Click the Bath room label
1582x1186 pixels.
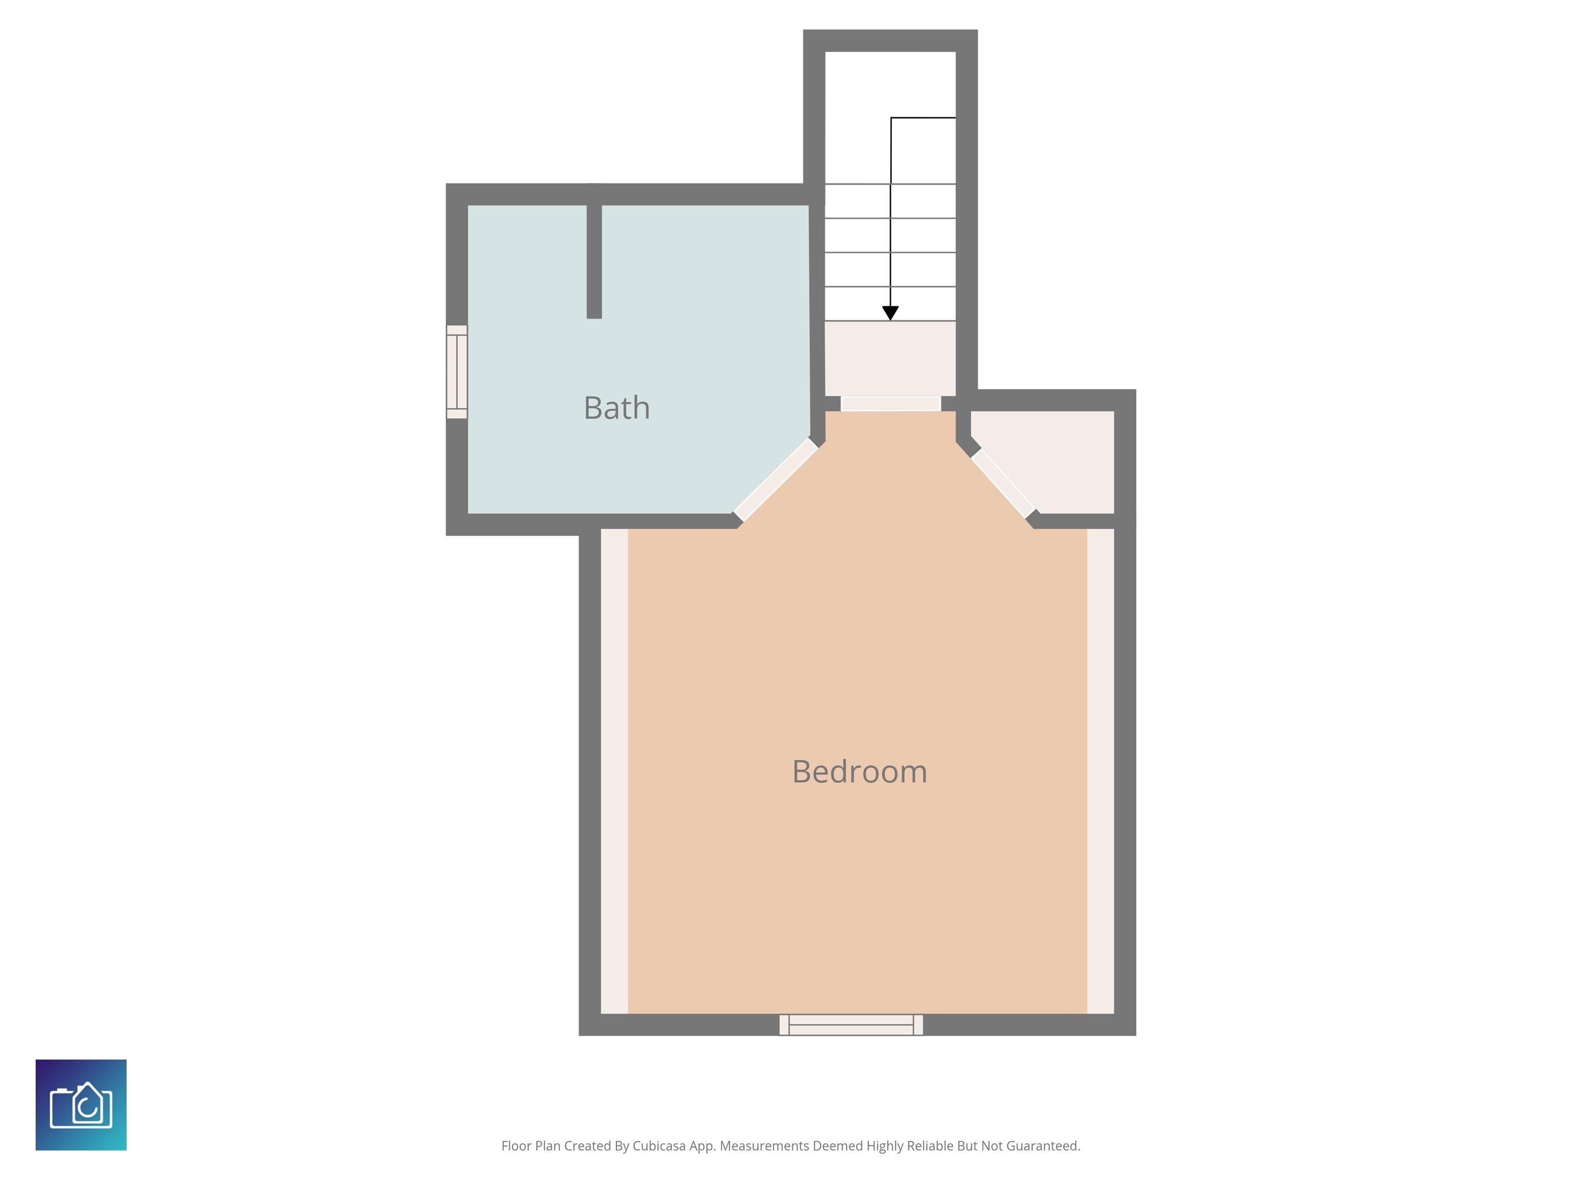pos(616,408)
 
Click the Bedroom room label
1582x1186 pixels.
pos(859,772)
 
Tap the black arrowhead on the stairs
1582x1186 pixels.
pos(890,313)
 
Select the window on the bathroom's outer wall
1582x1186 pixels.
pos(457,372)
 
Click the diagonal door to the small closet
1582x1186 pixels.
pos(1003,483)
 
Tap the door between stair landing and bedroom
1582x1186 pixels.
pos(890,404)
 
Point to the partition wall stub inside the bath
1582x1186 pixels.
pos(594,261)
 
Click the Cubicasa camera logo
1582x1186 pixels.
pos(81,1105)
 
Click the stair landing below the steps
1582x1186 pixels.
pos(890,357)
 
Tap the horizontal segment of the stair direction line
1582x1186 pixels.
pos(923,118)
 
